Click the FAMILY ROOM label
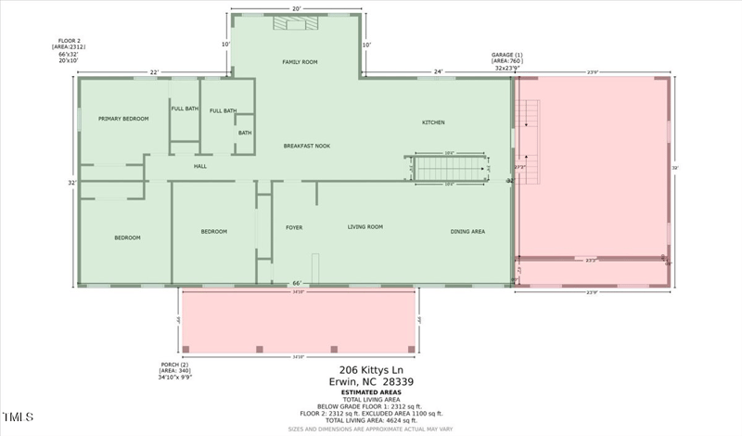(x=300, y=62)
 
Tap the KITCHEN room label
(x=433, y=122)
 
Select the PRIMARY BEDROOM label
(x=123, y=119)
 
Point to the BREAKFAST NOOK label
(x=306, y=146)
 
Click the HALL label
(x=199, y=166)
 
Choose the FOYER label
(x=293, y=227)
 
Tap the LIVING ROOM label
(x=365, y=227)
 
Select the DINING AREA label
(x=467, y=232)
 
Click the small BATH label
(x=245, y=133)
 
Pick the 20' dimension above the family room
(x=296, y=8)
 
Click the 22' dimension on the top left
(x=154, y=71)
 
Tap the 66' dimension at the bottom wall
(x=297, y=283)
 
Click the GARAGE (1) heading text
(x=507, y=55)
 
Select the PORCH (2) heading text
(x=175, y=364)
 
